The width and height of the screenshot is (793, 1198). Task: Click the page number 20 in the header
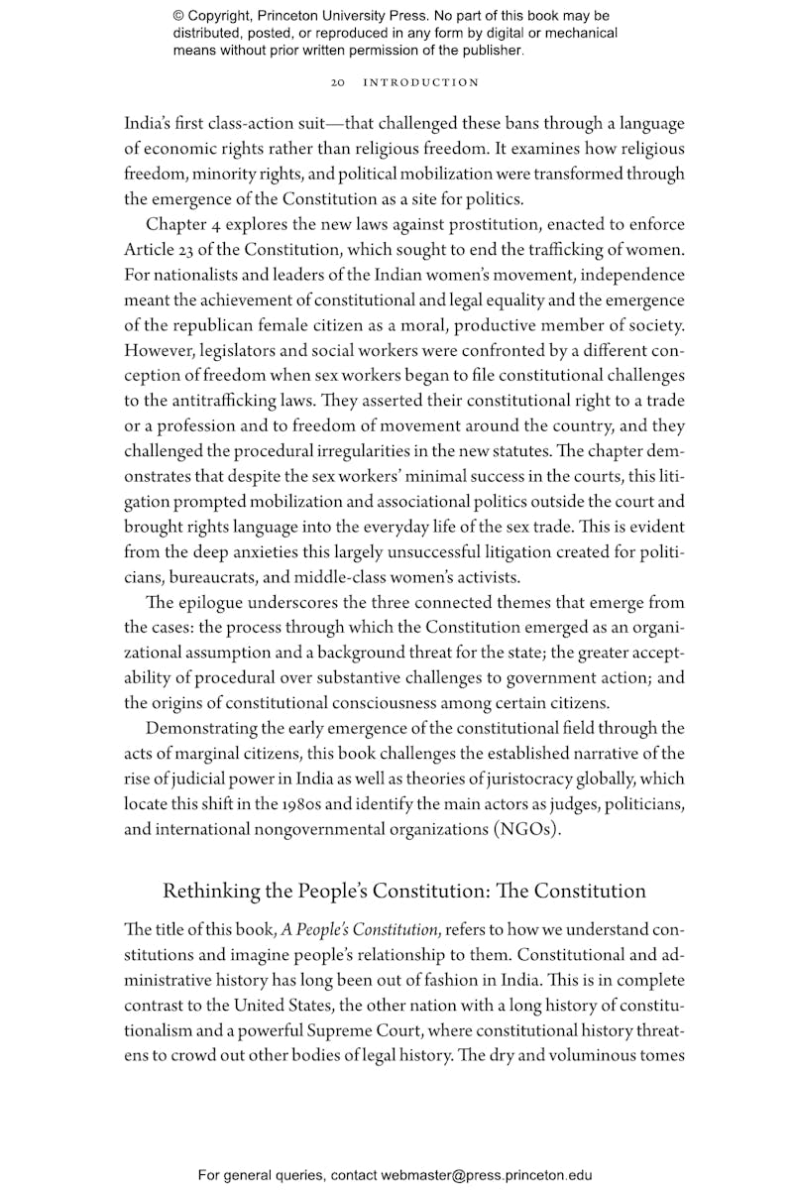[x=337, y=82]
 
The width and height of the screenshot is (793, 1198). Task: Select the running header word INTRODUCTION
[x=421, y=82]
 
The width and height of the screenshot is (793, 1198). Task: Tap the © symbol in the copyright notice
[x=178, y=16]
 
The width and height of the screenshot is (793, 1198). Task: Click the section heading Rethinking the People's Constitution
[x=403, y=891]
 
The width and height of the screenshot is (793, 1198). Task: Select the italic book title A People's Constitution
[x=360, y=930]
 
